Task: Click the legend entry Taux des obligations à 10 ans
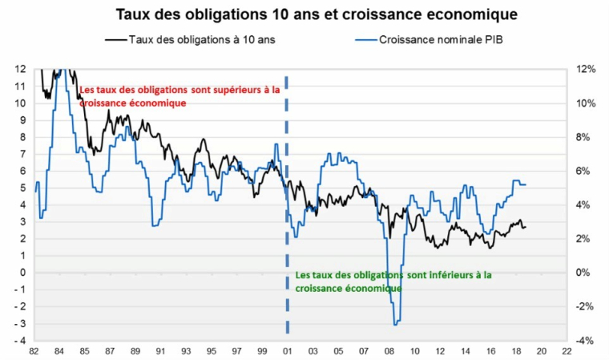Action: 201,38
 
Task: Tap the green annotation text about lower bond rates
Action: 393,281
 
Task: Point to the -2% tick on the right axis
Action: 586,307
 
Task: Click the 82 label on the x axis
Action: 34,351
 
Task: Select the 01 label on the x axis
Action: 288,351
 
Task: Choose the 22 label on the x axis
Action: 567,351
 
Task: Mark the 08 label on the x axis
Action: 389,351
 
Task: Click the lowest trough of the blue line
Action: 396,324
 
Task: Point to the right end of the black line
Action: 526,228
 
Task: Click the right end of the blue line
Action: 526,185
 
